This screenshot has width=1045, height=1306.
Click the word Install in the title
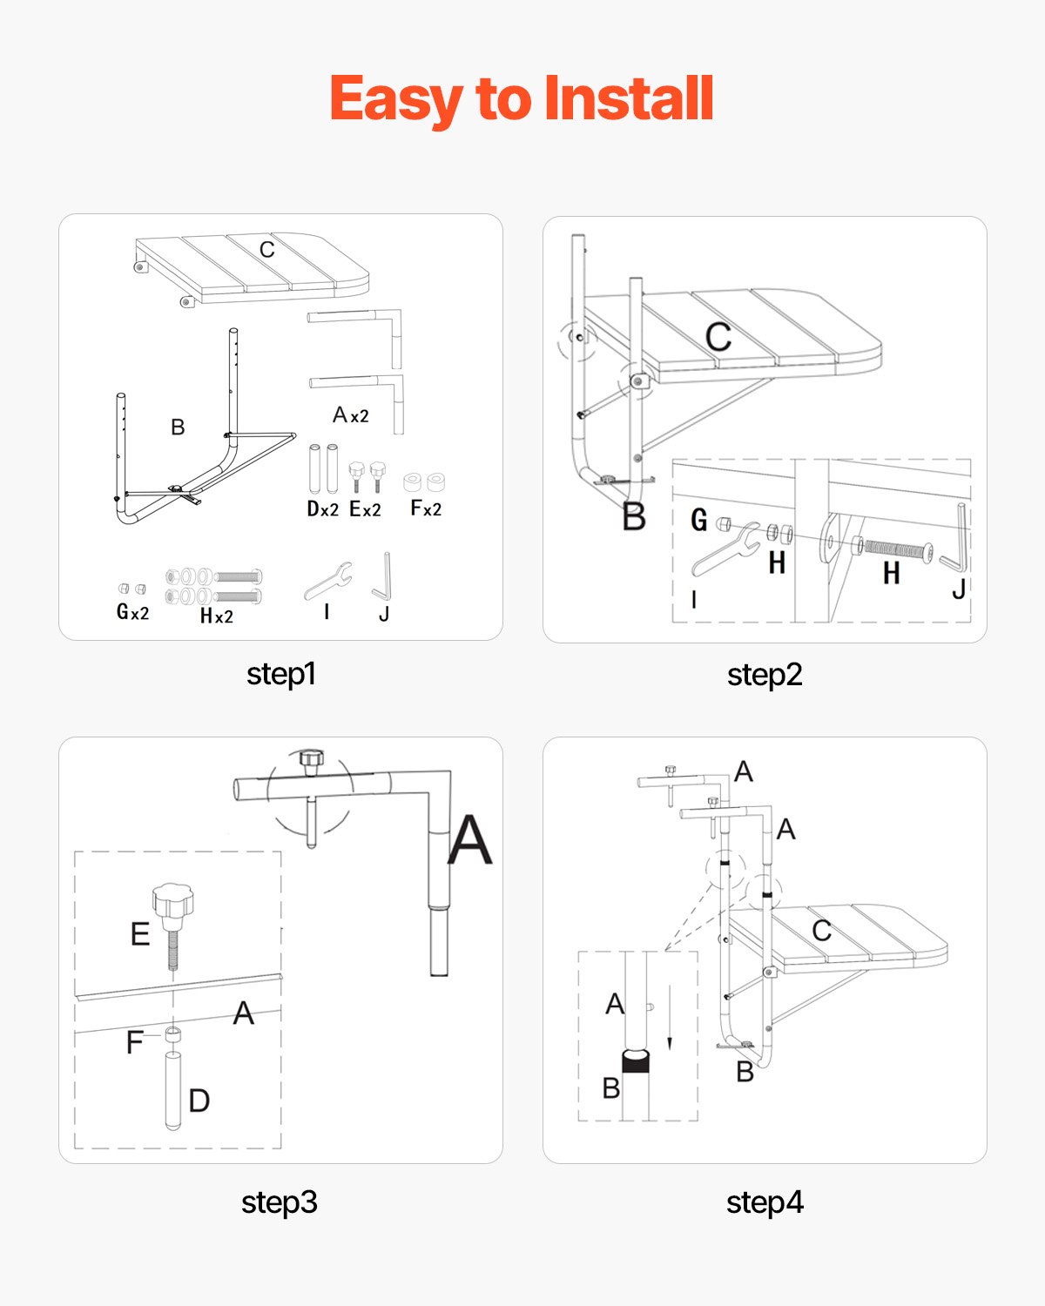628,98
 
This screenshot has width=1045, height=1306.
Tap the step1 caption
280,674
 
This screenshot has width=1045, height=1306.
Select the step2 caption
764,675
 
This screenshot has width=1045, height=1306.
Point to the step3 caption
279,1202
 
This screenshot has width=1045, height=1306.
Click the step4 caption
764,1202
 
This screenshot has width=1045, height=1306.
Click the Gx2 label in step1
132,612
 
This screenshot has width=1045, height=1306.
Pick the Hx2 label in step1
216,616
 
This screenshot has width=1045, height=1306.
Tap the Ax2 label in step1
350,415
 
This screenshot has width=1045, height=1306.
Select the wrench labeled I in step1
328,581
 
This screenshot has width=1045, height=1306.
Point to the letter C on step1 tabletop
266,250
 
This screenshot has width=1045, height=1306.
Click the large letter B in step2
634,517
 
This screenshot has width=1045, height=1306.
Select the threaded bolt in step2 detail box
895,549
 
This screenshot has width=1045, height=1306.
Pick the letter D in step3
199,1101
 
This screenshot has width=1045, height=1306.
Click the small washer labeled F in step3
173,1034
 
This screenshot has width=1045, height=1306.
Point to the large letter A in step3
469,840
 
